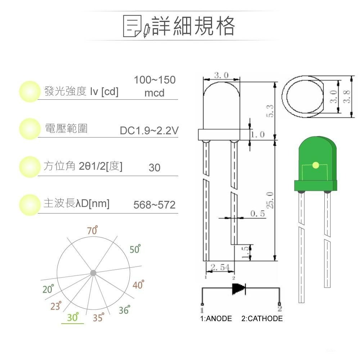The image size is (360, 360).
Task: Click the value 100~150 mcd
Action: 154,86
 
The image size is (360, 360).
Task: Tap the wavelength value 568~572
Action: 154,205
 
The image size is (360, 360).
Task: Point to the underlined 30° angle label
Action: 73,318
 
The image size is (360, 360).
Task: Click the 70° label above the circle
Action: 93,231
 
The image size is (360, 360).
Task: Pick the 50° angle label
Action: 135,249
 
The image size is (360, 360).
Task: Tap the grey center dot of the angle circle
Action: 93,273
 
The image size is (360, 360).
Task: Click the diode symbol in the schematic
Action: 239,288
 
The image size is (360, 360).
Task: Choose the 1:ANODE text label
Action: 216,319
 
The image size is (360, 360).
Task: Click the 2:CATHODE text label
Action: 262,319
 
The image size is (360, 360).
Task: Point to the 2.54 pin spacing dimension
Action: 220,267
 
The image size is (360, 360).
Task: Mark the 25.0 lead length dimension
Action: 270,200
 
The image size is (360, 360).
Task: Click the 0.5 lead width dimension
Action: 257,213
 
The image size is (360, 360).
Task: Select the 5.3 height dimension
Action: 270,111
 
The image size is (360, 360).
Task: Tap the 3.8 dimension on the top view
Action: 346,96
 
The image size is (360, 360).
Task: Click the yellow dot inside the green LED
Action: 316,165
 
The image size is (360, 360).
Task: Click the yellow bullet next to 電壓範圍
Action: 29,129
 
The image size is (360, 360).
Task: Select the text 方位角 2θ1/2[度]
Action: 83,166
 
